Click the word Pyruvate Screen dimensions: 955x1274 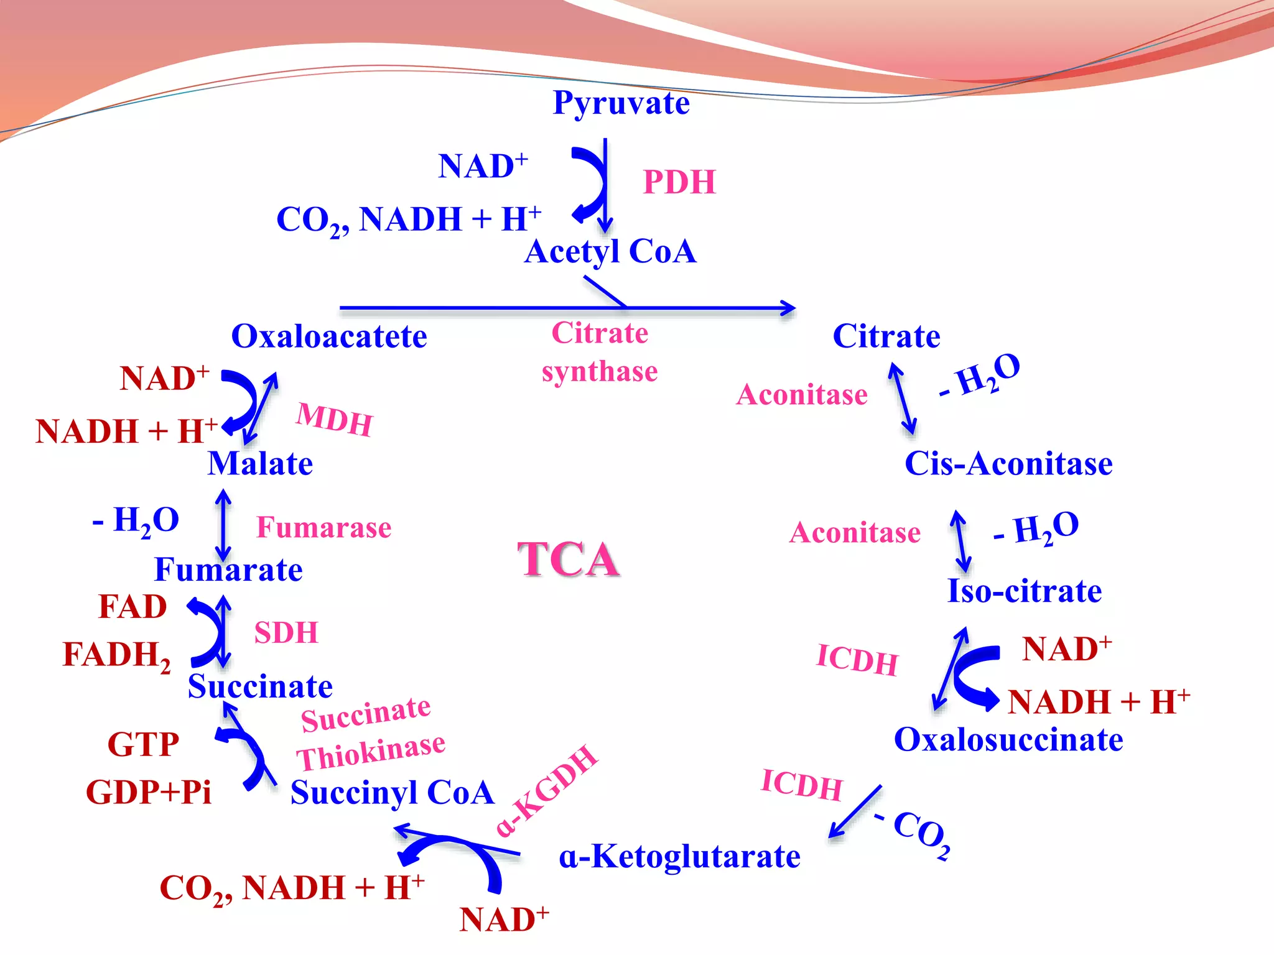tap(621, 104)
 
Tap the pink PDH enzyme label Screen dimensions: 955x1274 tap(679, 183)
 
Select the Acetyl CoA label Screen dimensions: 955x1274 tap(610, 252)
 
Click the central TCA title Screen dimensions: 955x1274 tap(568, 559)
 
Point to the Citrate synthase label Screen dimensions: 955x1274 tap(600, 352)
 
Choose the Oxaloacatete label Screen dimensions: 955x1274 tap(329, 336)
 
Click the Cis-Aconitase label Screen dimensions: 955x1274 tap(1008, 464)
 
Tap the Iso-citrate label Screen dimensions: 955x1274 tap(1024, 591)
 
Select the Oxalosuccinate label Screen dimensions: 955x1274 tap(1008, 740)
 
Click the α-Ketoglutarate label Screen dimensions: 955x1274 tap(679, 857)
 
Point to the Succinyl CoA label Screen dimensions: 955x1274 tap(392, 793)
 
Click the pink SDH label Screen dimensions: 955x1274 tap(286, 633)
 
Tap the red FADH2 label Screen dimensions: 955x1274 tap(116, 655)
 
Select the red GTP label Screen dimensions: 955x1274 tap(143, 744)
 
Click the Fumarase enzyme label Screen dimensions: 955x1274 tap(324, 528)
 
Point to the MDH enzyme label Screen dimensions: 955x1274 tap(335, 420)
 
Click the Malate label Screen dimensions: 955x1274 tap(260, 464)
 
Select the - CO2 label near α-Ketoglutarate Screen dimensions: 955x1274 tap(914, 833)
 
